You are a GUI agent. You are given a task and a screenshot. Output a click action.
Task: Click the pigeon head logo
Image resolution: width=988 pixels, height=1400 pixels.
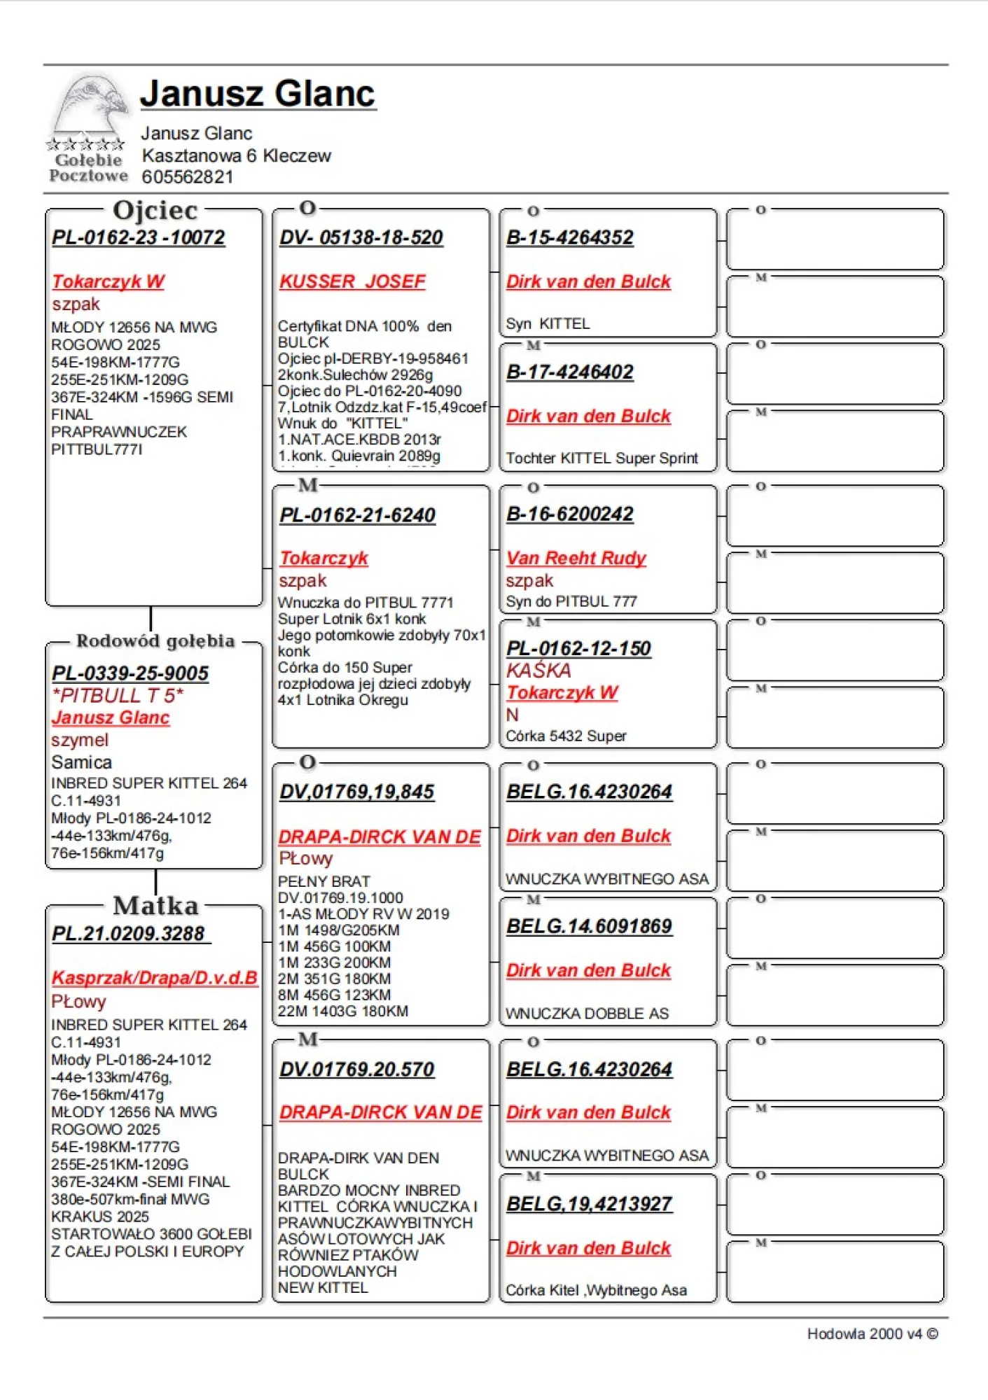point(90,105)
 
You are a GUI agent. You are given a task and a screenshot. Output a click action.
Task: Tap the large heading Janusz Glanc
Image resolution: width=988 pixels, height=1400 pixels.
point(258,94)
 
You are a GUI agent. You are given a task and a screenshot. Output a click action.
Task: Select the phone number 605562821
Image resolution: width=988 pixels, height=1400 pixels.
point(187,177)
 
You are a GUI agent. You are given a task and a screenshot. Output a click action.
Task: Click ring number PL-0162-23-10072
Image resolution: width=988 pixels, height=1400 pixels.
point(138,238)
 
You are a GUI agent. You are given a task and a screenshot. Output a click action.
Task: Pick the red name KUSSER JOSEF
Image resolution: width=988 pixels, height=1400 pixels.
point(352,281)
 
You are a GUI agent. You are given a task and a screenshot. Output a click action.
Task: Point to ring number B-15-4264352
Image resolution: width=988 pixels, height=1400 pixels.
point(569,238)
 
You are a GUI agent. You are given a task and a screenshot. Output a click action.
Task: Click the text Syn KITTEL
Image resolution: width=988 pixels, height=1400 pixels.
point(548,324)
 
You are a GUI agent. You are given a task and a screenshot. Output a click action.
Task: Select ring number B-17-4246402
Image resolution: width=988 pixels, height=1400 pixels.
point(569,372)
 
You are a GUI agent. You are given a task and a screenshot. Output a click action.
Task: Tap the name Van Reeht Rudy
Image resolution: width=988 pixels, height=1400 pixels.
point(576,558)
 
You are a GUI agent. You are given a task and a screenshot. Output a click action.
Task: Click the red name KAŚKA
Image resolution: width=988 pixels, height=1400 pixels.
point(538,671)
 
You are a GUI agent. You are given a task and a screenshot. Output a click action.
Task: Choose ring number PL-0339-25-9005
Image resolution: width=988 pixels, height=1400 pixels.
point(130,673)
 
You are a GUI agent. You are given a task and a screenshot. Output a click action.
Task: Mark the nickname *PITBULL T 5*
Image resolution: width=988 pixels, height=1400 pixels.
point(117,696)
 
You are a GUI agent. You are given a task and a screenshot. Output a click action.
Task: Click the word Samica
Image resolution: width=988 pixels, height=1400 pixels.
point(81,762)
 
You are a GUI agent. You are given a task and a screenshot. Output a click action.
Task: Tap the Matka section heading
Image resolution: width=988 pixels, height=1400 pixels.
point(155,906)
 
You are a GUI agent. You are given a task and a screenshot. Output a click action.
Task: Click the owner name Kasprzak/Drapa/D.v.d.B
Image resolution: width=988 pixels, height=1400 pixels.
point(154,978)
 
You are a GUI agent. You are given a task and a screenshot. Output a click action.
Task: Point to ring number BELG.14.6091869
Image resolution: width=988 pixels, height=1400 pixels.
point(589,927)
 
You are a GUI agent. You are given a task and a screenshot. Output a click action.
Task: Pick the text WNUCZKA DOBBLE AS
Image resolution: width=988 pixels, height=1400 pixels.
point(587,1014)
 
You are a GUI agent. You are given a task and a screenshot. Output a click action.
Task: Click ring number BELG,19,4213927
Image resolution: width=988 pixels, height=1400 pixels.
point(589,1204)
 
